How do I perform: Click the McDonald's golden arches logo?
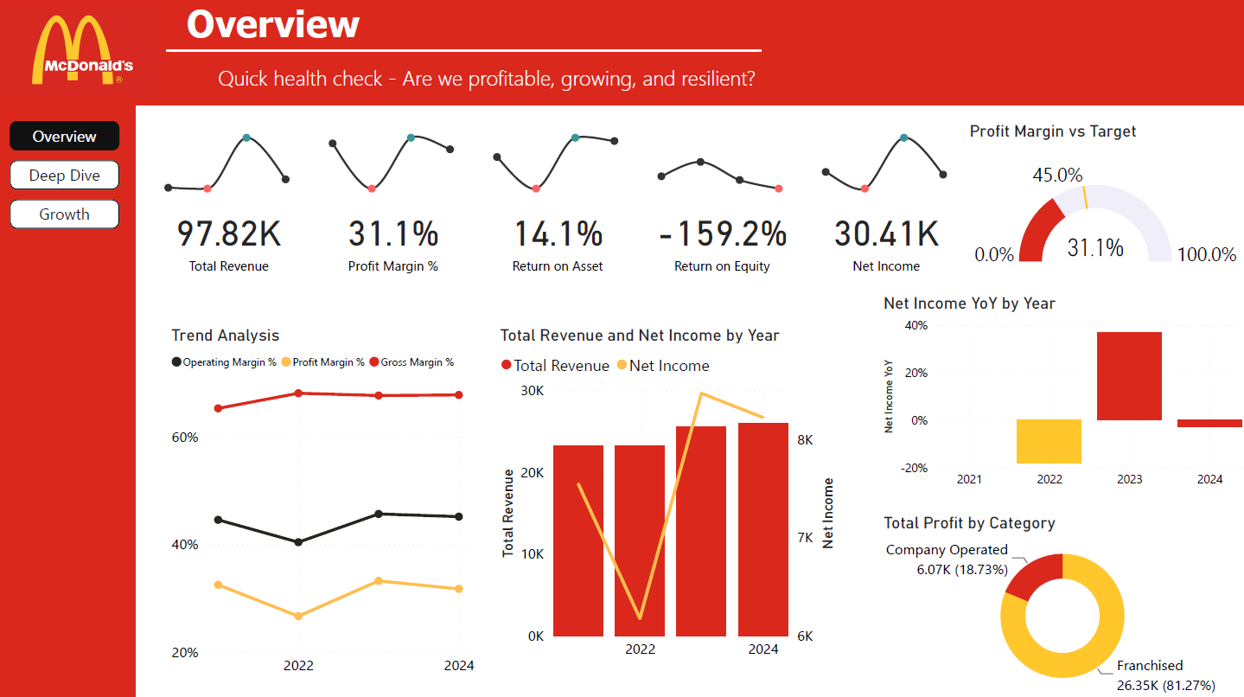tap(83, 50)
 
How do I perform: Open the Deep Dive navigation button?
tap(65, 176)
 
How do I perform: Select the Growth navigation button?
tap(65, 214)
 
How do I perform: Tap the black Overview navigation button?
tap(65, 137)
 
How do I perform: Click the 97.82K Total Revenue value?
tap(229, 234)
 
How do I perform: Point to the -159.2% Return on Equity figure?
tap(722, 234)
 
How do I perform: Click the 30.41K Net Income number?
tap(886, 234)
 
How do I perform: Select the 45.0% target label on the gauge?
tap(1056, 175)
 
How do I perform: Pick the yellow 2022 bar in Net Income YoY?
tap(1049, 442)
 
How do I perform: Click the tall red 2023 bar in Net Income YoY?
tap(1129, 376)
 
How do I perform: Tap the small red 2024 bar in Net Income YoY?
tap(1209, 423)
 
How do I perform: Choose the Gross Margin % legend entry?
tap(411, 362)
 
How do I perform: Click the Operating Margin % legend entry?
tap(224, 362)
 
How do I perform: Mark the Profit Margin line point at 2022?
tap(298, 616)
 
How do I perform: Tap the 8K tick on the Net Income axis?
tap(804, 439)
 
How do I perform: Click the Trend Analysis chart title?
tap(226, 336)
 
